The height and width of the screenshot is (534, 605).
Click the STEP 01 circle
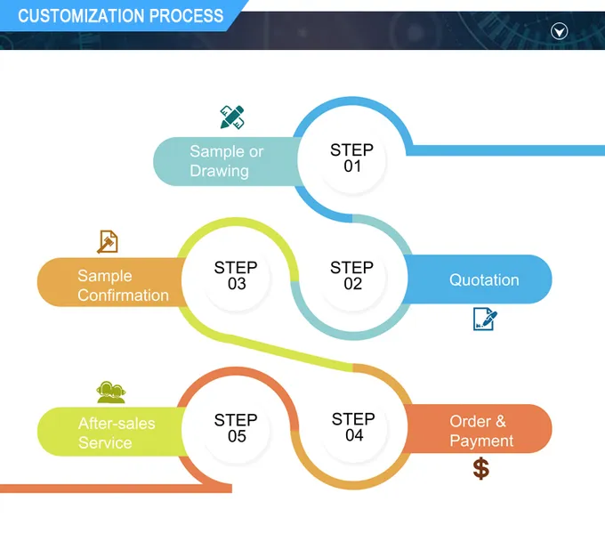352,158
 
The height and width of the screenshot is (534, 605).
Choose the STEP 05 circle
236,427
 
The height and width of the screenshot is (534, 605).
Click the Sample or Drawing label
227,161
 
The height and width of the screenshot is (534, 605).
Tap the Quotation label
484,279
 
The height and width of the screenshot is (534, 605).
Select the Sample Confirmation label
123,286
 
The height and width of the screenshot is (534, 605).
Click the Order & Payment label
481,431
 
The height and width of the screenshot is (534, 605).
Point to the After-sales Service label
117,433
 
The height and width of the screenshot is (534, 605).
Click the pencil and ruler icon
232,117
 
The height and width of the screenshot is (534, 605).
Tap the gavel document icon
108,241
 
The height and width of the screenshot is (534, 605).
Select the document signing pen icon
485,319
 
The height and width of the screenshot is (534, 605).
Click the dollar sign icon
481,468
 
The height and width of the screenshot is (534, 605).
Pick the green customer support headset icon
110,392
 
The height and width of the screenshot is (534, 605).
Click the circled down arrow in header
559,31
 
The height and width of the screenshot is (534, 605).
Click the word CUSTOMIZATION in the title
81,16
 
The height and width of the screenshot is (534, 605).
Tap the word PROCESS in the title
186,16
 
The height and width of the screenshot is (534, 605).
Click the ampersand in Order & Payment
501,421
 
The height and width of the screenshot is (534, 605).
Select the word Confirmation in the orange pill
123,295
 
